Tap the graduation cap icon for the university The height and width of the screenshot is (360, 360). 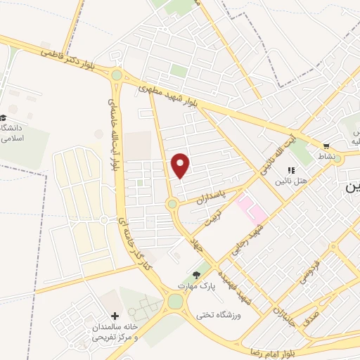tap(4, 118)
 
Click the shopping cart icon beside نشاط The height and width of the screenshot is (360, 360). tap(326, 147)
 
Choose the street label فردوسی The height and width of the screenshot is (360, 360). tap(310, 270)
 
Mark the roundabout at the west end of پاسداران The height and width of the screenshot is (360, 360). tap(172, 205)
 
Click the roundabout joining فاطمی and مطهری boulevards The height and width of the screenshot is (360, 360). tap(117, 75)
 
